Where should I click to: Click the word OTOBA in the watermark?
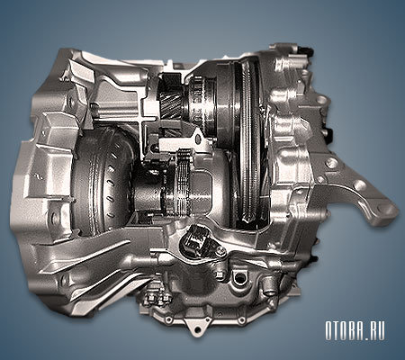pyautogui.click(x=345, y=331)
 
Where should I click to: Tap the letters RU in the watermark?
pyautogui.click(x=377, y=331)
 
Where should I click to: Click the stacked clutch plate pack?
pyautogui.click(x=182, y=180)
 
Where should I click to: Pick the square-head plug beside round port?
pyautogui.click(x=220, y=275)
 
